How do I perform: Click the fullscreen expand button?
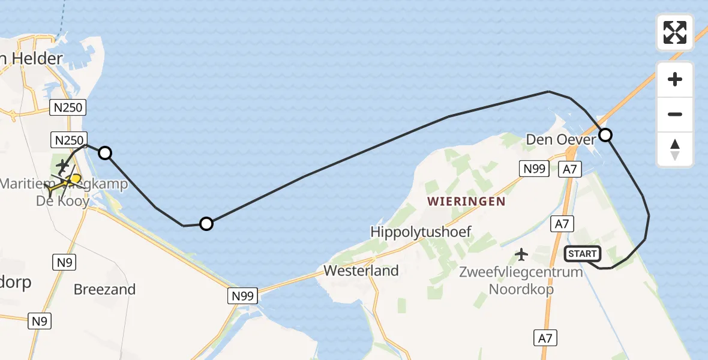coord(675,32)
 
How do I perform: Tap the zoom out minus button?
coord(675,115)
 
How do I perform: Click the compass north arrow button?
coord(675,149)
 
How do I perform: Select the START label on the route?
coord(582,254)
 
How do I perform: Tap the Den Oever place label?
coord(560,140)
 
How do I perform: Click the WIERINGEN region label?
coord(466,202)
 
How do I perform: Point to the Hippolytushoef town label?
coord(421,231)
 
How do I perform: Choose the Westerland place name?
coord(361,271)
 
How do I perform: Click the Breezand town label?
coord(104,289)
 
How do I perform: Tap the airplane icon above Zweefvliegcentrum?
coord(521,254)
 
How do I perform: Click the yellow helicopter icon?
coord(73,179)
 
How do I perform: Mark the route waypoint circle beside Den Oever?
coord(605,135)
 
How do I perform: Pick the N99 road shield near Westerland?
coord(242,295)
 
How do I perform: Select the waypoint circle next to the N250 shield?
coord(105,153)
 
